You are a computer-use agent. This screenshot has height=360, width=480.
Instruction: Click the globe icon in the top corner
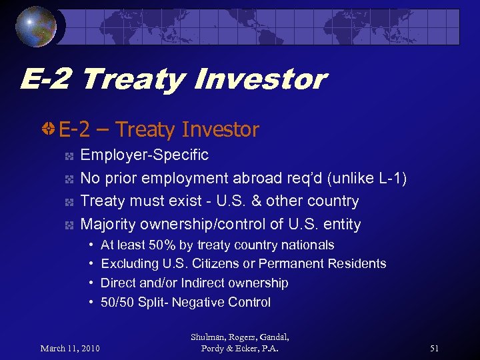(x=36, y=27)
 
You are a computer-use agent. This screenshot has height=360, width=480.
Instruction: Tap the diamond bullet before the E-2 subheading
(x=49, y=129)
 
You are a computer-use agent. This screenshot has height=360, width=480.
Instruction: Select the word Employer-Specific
(x=144, y=155)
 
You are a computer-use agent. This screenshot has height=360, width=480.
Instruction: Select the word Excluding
(x=128, y=264)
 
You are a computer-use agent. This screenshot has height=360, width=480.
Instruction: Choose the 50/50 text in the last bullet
(x=117, y=302)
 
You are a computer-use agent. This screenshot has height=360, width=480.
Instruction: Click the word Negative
(x=198, y=302)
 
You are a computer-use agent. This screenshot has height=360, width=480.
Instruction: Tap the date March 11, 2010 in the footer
(x=70, y=348)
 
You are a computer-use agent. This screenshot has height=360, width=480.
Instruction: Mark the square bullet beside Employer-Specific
(x=69, y=156)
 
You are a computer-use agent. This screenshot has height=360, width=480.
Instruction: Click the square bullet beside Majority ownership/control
(x=69, y=225)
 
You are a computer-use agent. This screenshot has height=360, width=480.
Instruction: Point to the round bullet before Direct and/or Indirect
(x=90, y=283)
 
